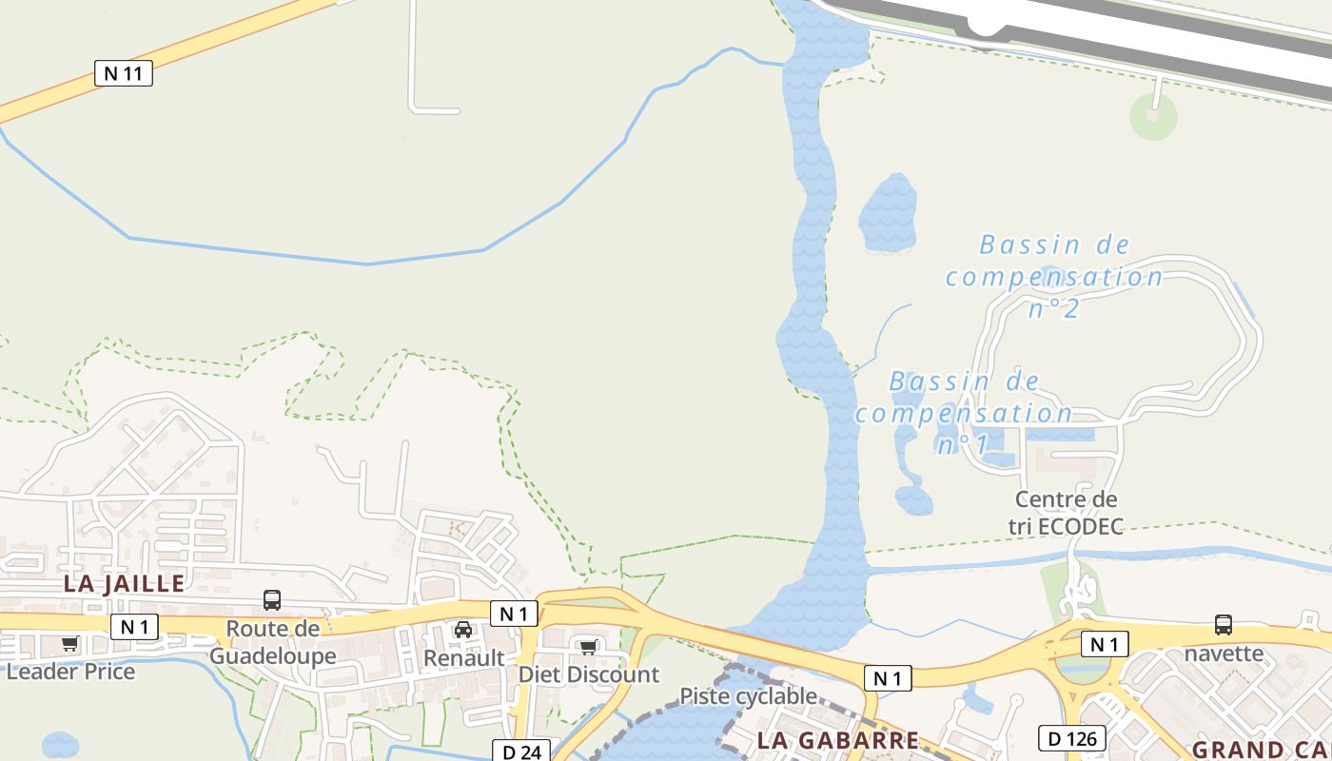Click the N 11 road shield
point(124,72)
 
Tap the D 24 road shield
point(521,751)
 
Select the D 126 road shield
point(1071,738)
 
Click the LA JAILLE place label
point(124,583)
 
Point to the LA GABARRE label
point(838,740)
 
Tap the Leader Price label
point(70,672)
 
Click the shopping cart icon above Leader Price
point(69,644)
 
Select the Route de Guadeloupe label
point(272,642)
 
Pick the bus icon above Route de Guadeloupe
point(272,600)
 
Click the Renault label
point(463,657)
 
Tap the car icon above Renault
point(463,630)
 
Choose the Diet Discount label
point(588,674)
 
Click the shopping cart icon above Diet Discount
point(588,648)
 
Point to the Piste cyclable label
point(748,696)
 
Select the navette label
point(1224,654)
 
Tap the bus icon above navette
point(1224,625)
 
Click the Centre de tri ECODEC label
point(1067,513)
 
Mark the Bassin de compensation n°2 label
point(1054,277)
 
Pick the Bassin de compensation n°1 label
point(964,413)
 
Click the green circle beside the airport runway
point(1154,117)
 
